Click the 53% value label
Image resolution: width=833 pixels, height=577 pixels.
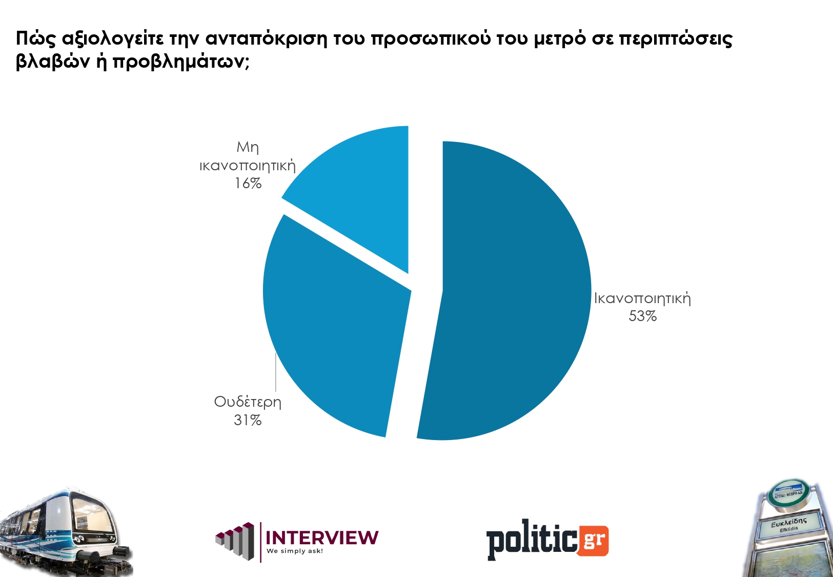coord(642,316)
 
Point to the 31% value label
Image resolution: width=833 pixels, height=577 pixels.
coord(248,421)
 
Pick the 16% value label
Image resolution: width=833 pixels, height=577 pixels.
coord(248,184)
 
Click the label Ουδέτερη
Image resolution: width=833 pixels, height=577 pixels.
coord(248,402)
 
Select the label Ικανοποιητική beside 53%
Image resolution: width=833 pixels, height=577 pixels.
coord(642,299)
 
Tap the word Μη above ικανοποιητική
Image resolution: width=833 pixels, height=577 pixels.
coord(248,148)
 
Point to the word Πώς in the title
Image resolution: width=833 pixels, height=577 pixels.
coord(35,39)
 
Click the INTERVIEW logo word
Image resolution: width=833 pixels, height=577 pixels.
coord(322,538)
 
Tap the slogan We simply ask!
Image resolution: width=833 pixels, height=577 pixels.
coord(295,551)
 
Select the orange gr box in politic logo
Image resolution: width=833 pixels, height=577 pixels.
coord(593,540)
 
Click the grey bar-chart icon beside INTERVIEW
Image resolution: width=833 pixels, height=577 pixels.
coord(235,541)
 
